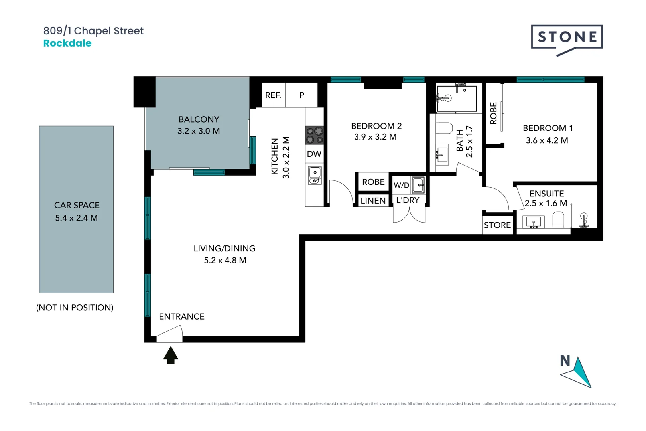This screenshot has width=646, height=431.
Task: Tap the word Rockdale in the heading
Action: [x=67, y=43]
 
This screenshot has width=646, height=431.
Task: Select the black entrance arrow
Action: [x=171, y=355]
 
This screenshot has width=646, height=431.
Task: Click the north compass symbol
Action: [x=576, y=372]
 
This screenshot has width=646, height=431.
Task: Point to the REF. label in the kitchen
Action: [x=273, y=95]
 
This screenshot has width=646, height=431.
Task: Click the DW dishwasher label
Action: [x=314, y=154]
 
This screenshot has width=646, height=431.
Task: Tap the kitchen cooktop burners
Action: [x=314, y=135]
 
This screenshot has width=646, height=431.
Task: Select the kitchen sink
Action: [x=315, y=175]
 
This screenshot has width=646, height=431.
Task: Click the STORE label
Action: [x=497, y=225]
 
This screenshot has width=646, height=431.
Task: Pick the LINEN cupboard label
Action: [x=373, y=201]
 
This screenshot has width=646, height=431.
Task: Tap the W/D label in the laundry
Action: [x=402, y=185]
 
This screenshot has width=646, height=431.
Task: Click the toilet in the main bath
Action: [x=444, y=128]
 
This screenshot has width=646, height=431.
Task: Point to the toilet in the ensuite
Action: [x=558, y=220]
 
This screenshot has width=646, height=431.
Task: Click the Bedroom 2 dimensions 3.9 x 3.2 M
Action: [x=375, y=137]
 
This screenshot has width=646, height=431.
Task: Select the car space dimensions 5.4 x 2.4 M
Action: [x=77, y=218]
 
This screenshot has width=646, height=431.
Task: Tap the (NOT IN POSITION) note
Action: [x=75, y=308]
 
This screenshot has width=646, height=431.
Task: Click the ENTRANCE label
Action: [x=182, y=317]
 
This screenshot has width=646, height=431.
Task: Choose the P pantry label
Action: [x=301, y=95]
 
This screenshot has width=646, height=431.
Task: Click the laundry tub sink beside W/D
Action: [x=418, y=185]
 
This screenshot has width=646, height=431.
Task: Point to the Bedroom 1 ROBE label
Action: [x=493, y=113]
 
